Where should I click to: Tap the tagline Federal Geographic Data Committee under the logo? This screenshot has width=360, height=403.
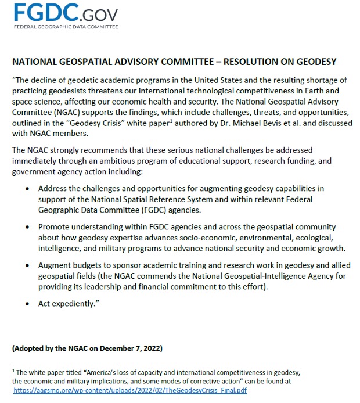(x=65, y=27)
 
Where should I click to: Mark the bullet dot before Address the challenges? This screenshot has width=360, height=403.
(x=28, y=189)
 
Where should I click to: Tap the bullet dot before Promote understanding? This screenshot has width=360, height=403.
(x=28, y=227)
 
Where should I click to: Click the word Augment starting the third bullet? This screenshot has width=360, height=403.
(x=54, y=265)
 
